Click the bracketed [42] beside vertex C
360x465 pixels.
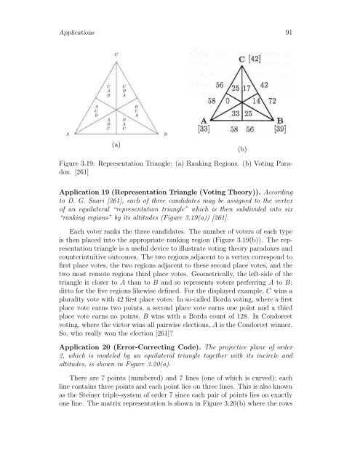[257, 59]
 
